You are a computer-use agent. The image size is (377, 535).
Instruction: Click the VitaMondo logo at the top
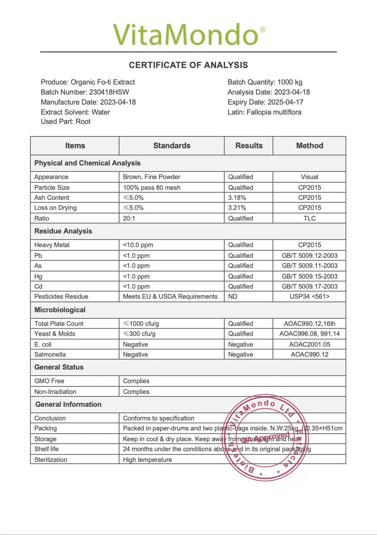189,35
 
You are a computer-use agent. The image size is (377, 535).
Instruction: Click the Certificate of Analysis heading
188,65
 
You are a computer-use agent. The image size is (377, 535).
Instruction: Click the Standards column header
172,146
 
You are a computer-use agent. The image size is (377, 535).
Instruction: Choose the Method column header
309,146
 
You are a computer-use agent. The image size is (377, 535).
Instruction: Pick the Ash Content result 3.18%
237,198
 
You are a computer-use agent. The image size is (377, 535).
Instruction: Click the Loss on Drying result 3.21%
237,208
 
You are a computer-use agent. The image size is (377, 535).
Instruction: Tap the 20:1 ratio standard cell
129,218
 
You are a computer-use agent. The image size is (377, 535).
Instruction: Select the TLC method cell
309,218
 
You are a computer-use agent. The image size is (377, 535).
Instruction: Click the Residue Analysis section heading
63,231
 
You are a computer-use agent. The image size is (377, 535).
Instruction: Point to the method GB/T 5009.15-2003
309,276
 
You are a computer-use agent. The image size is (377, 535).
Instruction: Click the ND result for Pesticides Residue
232,297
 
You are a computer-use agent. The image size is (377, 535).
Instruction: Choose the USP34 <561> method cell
309,297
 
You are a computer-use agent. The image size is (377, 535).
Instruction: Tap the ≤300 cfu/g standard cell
139,334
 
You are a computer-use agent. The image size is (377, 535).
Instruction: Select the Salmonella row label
50,355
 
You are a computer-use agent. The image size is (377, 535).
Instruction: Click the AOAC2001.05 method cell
309,344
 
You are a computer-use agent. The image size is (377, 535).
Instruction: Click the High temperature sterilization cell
147,460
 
